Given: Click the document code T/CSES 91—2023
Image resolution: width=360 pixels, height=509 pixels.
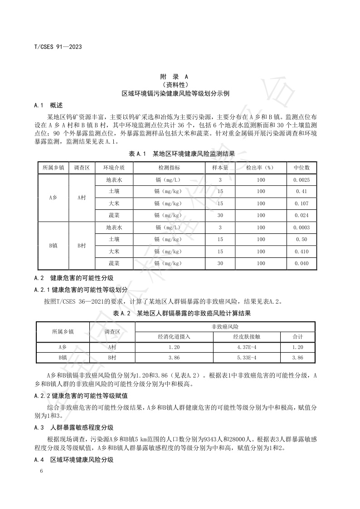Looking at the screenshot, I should tap(58, 46).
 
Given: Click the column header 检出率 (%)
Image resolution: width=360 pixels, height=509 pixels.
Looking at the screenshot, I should tap(261, 167).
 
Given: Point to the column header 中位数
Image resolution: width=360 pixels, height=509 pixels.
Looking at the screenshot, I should tap(302, 167).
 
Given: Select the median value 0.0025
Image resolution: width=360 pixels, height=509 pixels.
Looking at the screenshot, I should tap(302, 179).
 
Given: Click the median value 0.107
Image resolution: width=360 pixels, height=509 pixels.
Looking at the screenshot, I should tap(302, 204).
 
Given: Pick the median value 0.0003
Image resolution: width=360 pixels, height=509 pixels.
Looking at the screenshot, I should tap(302, 228).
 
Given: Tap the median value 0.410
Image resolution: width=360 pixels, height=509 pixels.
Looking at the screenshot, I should tap(302, 252).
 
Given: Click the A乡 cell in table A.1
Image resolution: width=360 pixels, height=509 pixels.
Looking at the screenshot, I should tap(53, 198).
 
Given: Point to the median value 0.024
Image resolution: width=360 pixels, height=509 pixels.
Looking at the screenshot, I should tap(302, 215).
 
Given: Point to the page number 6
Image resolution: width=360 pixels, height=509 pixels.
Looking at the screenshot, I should tap(41, 471).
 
